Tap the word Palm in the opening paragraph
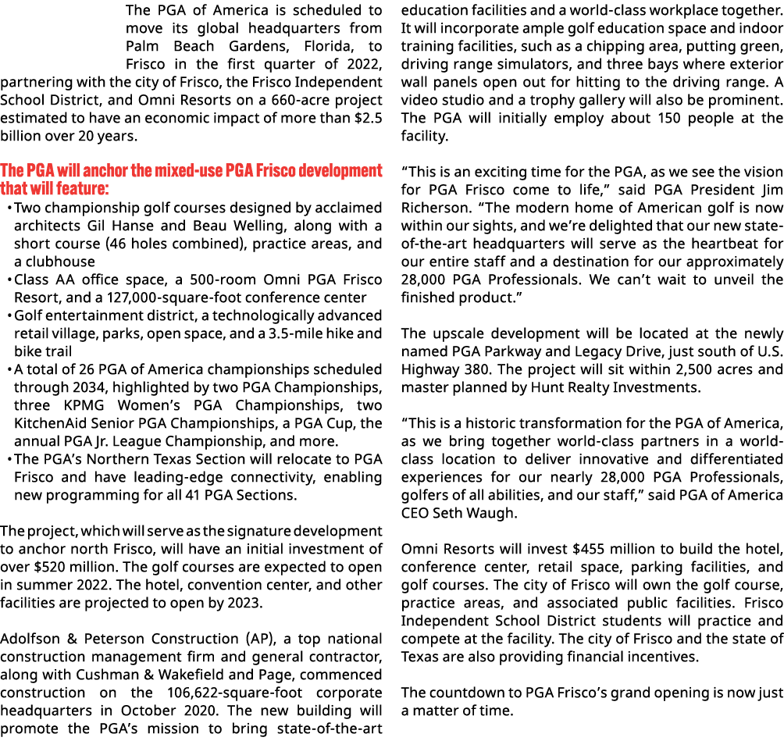tap(142, 47)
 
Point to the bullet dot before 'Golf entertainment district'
tap(9, 316)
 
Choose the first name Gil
tap(96, 226)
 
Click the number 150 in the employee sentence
tap(669, 119)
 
